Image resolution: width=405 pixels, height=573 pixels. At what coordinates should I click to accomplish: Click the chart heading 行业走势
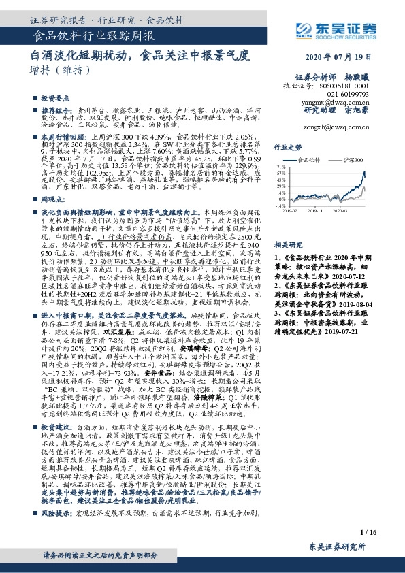287,146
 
